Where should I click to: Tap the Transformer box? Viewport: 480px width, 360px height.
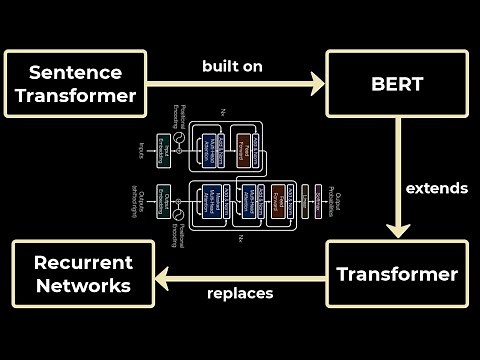(x=397, y=273)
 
